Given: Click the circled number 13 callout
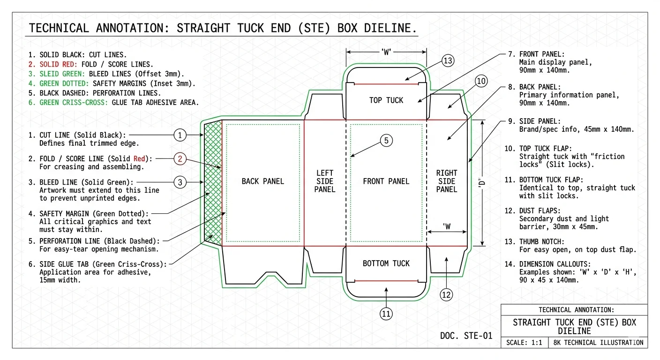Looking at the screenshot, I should point(448,60).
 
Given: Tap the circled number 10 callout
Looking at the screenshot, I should point(481,81).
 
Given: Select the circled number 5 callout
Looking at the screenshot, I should point(386,141).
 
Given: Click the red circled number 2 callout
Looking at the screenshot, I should point(180,159).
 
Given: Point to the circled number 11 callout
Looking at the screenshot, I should point(386,314).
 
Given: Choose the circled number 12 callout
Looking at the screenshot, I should point(446,295).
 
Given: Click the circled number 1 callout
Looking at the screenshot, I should point(180,135).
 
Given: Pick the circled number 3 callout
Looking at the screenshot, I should point(180,182).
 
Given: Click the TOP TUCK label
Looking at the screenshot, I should point(386,100).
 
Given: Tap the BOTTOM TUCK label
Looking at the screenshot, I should point(386,263).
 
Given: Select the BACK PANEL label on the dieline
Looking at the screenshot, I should point(262,181).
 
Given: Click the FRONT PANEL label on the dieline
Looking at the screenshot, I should point(386,181).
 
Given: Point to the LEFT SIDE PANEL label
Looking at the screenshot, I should point(324,181).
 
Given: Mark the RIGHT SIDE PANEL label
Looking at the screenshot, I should point(446,181).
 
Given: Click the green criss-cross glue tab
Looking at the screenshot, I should point(212,183).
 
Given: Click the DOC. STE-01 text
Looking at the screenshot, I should point(466,336).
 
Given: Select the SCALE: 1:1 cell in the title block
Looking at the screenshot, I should point(524,343).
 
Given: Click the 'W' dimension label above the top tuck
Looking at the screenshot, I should point(386,52).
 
